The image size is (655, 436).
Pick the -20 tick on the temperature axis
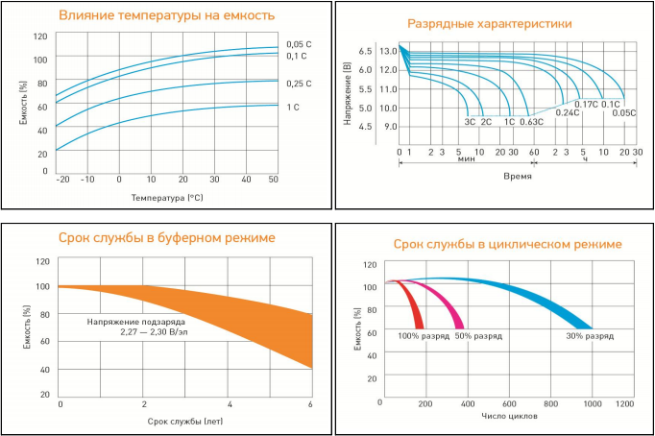tap(62, 180)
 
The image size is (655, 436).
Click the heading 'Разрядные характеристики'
tap(490, 24)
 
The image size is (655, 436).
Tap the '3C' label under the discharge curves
tap(470, 122)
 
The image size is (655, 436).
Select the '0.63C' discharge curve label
tap(531, 122)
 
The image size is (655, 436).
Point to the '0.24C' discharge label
tap(568, 113)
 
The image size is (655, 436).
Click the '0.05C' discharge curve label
tap(624, 113)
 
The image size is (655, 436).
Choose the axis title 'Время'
tap(517, 177)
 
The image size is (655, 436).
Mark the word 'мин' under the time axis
tap(467, 161)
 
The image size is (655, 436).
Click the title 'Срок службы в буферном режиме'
tap(167, 237)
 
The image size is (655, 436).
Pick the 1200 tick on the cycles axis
tap(624, 404)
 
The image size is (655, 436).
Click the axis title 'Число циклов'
tap(510, 417)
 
